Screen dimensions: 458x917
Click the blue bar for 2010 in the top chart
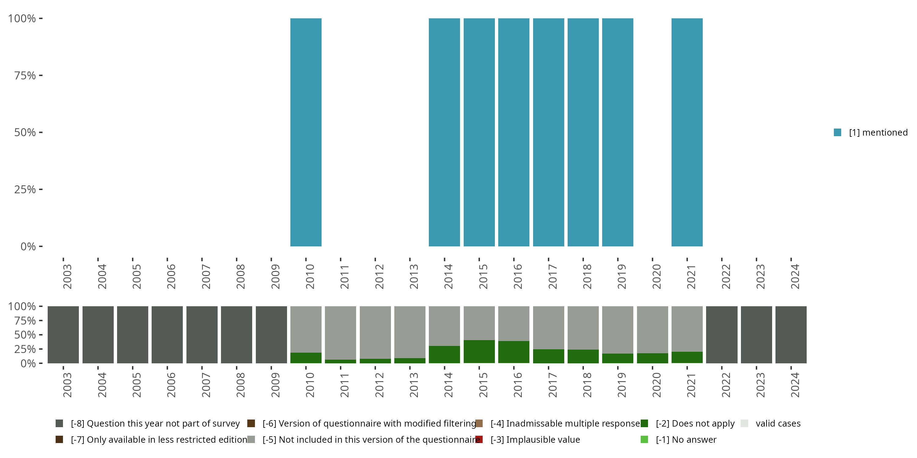pyautogui.click(x=306, y=132)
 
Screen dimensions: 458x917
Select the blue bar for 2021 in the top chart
pyautogui.click(x=687, y=132)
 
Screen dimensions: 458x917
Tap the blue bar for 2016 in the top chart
pyautogui.click(x=514, y=132)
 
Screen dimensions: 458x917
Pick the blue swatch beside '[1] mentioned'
pyautogui.click(x=837, y=133)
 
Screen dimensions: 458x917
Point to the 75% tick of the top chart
pyautogui.click(x=41, y=75)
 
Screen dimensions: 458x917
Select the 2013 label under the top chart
pyautogui.click(x=414, y=276)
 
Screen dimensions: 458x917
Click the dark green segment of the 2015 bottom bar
pyautogui.click(x=479, y=351)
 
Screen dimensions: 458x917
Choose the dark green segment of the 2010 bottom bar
pyautogui.click(x=306, y=358)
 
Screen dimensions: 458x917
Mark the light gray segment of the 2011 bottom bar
pyautogui.click(x=340, y=333)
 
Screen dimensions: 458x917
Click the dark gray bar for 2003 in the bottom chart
pyautogui.click(x=63, y=335)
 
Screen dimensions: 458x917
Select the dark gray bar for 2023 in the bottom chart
pyautogui.click(x=756, y=335)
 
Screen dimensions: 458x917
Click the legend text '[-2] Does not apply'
pyautogui.click(x=695, y=423)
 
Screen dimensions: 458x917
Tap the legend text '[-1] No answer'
pyautogui.click(x=686, y=439)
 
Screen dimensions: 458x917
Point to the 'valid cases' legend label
pyautogui.click(x=778, y=423)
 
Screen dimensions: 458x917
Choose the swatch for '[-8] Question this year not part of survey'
pyautogui.click(x=59, y=423)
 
